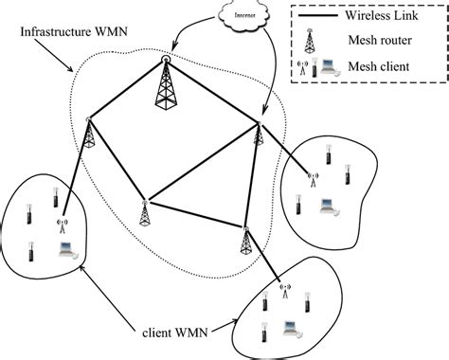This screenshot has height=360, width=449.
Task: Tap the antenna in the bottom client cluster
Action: [x=281, y=285]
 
